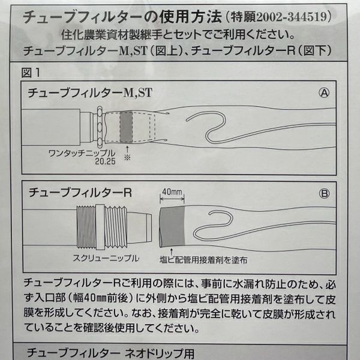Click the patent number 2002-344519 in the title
pyautogui.click(x=291, y=17)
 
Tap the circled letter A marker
pyautogui.click(x=324, y=93)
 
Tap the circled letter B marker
pyautogui.click(x=324, y=194)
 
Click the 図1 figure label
pyautogui.click(x=31, y=73)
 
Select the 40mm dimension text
pyautogui.click(x=172, y=192)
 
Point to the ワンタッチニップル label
pyautogui.click(x=82, y=153)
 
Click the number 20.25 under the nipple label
pyautogui.click(x=105, y=161)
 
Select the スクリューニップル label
pyautogui.click(x=106, y=258)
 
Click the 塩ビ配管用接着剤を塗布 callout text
pyautogui.click(x=203, y=260)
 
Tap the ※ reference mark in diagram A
pyautogui.click(x=127, y=157)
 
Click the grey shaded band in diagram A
pyautogui.click(x=126, y=127)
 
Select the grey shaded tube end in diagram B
pyautogui.click(x=172, y=227)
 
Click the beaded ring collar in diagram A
pyautogui.click(x=100, y=127)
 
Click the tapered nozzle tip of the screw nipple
pyautogui.click(x=140, y=227)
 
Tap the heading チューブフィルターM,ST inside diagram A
pyautogui.click(x=90, y=93)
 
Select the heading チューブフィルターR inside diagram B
pyautogui.click(x=80, y=193)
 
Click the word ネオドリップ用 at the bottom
pyautogui.click(x=160, y=353)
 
